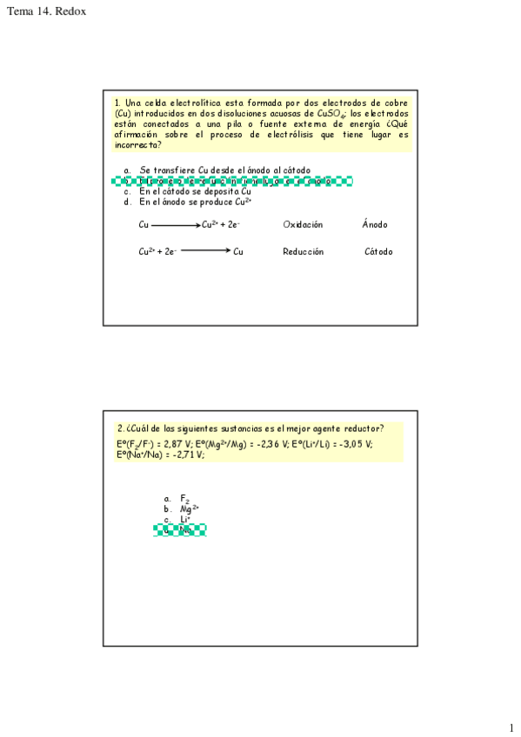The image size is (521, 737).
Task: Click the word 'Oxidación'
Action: tap(303, 225)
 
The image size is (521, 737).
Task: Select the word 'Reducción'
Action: tap(303, 252)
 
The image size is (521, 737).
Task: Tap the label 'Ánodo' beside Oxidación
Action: tap(375, 225)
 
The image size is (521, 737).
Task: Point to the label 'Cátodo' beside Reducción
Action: tap(378, 252)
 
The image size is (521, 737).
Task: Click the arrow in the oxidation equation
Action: tap(176, 225)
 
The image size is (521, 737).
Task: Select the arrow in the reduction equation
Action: tap(206, 252)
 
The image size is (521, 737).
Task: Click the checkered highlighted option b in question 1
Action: tap(232, 182)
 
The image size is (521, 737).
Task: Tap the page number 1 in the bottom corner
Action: tap(511, 727)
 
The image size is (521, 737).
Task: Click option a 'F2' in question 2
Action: tap(184, 499)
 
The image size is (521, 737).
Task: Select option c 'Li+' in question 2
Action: tap(185, 520)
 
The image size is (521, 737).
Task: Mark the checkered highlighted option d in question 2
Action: tap(180, 530)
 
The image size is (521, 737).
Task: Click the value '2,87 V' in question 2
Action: tap(178, 444)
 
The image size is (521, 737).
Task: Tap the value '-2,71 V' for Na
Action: tap(187, 455)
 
